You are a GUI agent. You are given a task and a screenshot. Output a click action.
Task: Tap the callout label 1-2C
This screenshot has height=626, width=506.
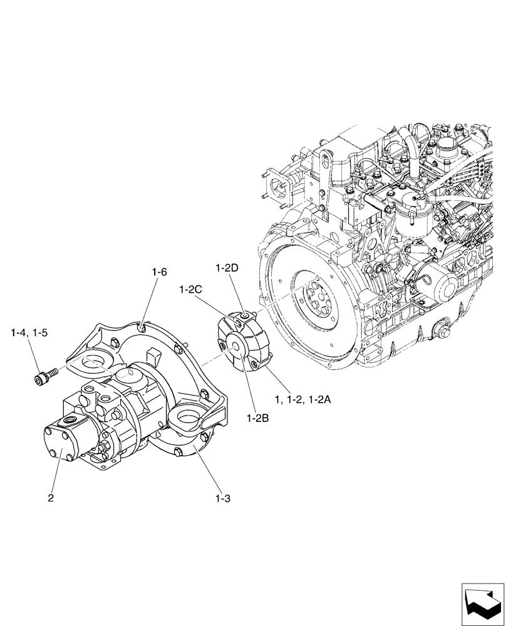[x=190, y=290]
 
